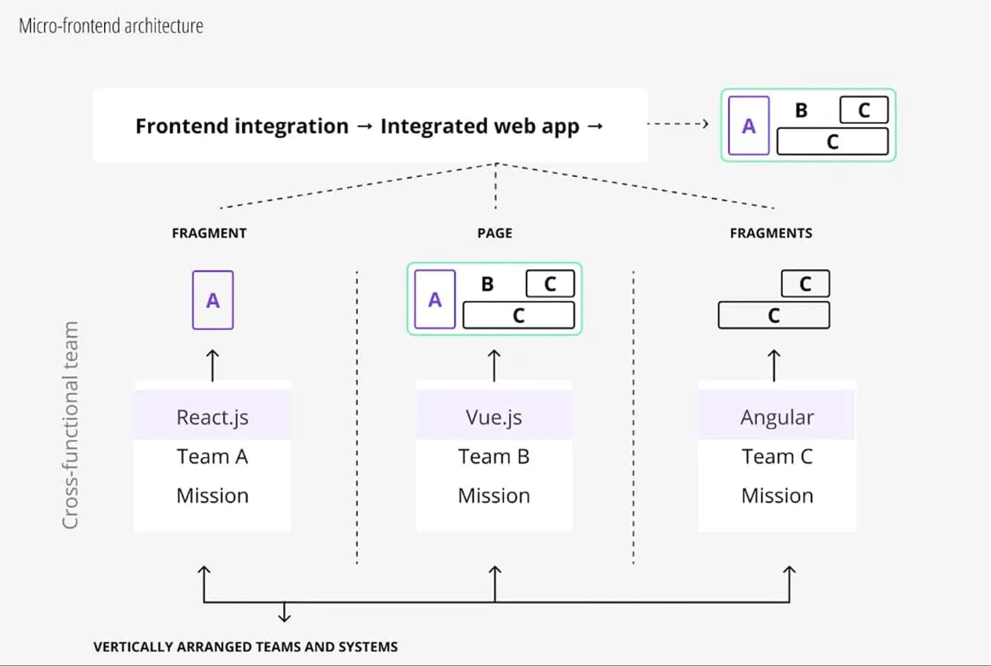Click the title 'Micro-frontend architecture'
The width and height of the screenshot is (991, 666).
(111, 26)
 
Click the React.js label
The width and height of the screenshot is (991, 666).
(212, 417)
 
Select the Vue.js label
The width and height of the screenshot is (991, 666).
(494, 417)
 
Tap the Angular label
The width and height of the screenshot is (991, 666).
(777, 417)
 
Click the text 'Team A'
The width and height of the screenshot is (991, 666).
(212, 456)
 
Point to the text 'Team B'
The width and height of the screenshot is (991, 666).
(494, 456)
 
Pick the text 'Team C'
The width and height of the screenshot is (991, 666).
(777, 456)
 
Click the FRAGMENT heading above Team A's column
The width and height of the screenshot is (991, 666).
(209, 233)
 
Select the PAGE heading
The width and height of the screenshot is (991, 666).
(495, 233)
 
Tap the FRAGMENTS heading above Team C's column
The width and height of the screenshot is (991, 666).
(771, 233)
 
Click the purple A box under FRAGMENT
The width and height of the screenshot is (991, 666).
(213, 300)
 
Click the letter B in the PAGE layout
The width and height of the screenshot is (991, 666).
(488, 285)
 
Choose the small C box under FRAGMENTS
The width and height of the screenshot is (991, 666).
(805, 284)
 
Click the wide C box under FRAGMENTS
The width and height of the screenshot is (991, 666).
(773, 315)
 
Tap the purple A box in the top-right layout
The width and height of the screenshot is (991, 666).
(749, 126)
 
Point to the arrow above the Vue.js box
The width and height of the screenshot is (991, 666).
(495, 365)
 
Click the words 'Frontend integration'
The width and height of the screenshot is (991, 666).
(241, 126)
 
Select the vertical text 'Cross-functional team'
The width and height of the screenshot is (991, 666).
(70, 425)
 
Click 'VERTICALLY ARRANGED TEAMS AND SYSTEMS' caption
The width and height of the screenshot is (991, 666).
(245, 647)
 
